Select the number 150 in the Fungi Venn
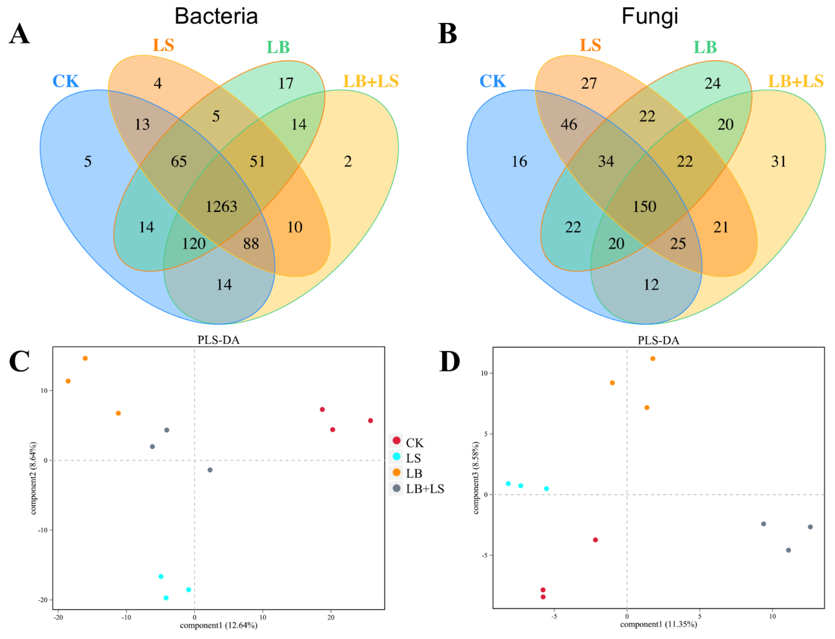pyautogui.click(x=644, y=207)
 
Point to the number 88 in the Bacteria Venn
pyautogui.click(x=251, y=244)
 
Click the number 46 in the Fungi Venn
pyautogui.click(x=569, y=124)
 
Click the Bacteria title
pyautogui.click(x=216, y=16)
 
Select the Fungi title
pyautogui.click(x=650, y=16)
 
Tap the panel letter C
pyautogui.click(x=19, y=361)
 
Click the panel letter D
pyautogui.click(x=449, y=361)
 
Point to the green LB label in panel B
pyautogui.click(x=705, y=47)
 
